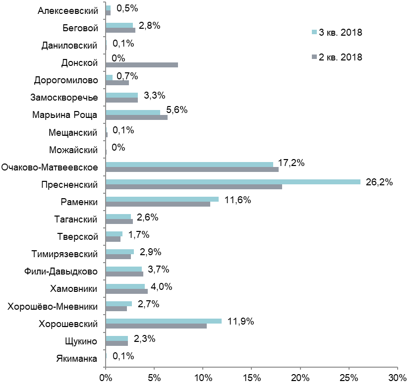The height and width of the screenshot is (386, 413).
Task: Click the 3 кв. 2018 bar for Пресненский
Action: point(233,182)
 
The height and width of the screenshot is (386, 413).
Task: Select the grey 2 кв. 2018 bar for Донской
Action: point(142,65)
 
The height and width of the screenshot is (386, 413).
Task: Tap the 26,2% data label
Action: point(379,182)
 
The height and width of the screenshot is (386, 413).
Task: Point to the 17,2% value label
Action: point(291,163)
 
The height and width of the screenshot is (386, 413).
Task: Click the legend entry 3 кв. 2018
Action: point(337,32)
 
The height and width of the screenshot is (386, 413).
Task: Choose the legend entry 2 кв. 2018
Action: point(337,57)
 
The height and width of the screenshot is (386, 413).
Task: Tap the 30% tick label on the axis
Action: point(398,378)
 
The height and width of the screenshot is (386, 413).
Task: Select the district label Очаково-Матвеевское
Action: point(50,167)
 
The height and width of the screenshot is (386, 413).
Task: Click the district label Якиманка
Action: point(77,359)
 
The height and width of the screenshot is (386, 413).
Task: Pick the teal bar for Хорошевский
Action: point(164,321)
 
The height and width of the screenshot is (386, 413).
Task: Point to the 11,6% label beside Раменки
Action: point(237,200)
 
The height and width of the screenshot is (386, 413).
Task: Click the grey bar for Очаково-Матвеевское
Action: point(192,169)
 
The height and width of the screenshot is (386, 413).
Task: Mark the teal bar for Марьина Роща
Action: point(133,112)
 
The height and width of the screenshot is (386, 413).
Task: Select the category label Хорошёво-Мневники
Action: point(53,307)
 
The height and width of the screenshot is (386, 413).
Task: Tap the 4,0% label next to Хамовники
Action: point(162,286)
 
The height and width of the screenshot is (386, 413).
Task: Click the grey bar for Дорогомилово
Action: point(117,83)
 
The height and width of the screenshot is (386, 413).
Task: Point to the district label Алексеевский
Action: point(68,11)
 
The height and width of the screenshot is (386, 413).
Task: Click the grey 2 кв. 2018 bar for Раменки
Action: point(158,204)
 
